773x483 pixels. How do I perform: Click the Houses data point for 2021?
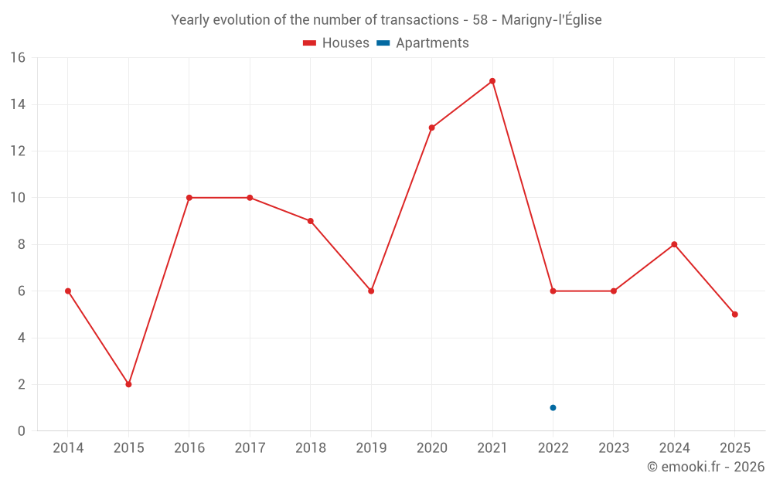492,81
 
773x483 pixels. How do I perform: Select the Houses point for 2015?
128,384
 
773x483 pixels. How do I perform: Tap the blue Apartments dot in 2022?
553,407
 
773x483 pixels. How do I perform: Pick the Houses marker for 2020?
431,128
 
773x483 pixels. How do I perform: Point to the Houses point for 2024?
674,244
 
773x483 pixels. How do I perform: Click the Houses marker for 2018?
310,221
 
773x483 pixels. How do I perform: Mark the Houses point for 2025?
734,315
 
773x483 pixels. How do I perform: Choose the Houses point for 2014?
68,291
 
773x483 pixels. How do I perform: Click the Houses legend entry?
336,43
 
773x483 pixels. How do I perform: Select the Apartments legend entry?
423,43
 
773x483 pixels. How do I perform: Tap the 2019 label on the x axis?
371,448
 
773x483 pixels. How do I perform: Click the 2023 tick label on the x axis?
614,448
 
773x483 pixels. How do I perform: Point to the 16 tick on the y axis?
17,58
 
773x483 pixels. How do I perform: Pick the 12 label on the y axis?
17,151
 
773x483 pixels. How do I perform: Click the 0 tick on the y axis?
21,431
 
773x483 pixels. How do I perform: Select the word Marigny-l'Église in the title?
551,20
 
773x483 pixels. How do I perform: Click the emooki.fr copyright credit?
706,467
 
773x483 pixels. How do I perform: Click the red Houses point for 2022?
553,291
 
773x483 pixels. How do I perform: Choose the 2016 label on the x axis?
189,448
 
